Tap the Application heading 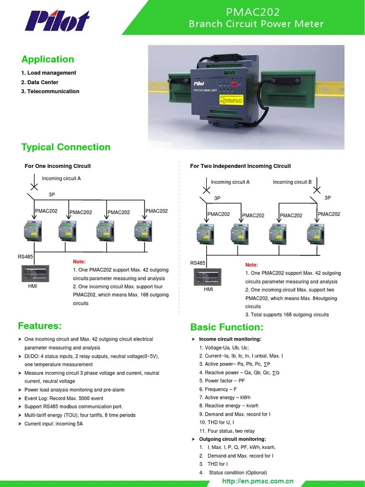pyautogui.click(x=48, y=59)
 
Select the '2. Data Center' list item pyautogui.click(x=39, y=82)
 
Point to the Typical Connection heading pyautogui.click(x=66, y=147)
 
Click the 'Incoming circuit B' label pyautogui.click(x=292, y=182)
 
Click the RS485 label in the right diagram pyautogui.click(x=198, y=263)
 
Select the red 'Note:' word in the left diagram pyautogui.click(x=79, y=262)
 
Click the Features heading pyautogui.click(x=39, y=326)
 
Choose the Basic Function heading pyautogui.click(x=226, y=327)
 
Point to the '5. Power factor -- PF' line pyautogui.click(x=222, y=381)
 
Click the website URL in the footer pyautogui.click(x=258, y=481)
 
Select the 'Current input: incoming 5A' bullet pyautogui.click(x=53, y=424)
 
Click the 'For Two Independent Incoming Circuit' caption pyautogui.click(x=240, y=166)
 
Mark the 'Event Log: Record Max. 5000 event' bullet pyautogui.click(x=64, y=398)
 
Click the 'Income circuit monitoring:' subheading pyautogui.click(x=230, y=339)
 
